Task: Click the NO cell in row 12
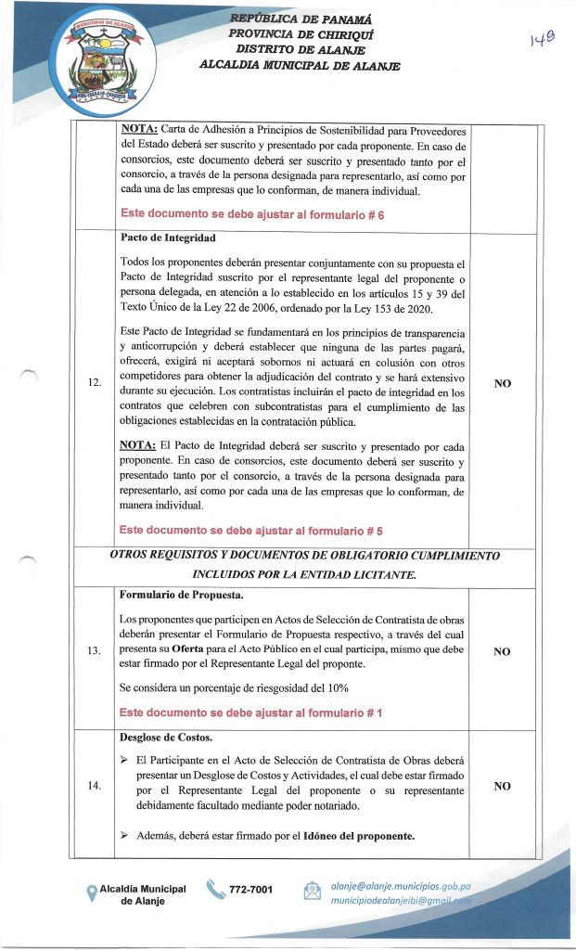(503, 381)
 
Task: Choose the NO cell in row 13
(502, 651)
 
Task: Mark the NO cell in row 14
(502, 786)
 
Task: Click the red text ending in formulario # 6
(252, 214)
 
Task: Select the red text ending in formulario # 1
(251, 712)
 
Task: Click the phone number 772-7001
(250, 891)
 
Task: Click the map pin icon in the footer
(91, 893)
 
